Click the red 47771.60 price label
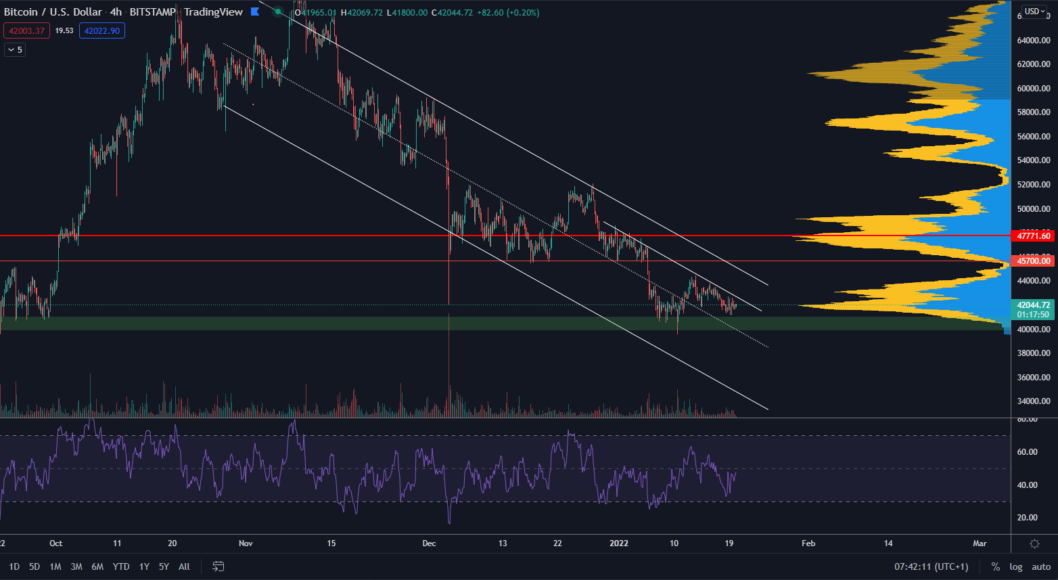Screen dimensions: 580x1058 (x=1034, y=236)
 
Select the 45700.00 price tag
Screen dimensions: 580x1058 (x=1034, y=261)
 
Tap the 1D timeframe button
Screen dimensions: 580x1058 (x=14, y=566)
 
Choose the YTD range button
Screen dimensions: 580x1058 (x=121, y=566)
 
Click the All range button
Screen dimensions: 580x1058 (x=184, y=566)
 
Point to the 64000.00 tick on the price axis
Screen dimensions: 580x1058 (x=1034, y=41)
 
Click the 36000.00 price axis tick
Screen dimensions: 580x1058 (x=1034, y=378)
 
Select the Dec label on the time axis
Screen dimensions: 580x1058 (x=429, y=543)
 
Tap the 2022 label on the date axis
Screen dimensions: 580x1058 (x=619, y=543)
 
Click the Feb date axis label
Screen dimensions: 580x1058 (x=808, y=543)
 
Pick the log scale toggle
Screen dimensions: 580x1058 (x=1016, y=566)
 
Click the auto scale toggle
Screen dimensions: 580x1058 (x=1041, y=566)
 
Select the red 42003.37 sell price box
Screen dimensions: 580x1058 (x=26, y=30)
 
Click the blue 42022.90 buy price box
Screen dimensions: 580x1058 (x=102, y=30)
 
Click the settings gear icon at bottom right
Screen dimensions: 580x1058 (x=1034, y=543)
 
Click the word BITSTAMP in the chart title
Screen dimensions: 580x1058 (x=152, y=12)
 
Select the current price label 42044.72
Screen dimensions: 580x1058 (x=1034, y=305)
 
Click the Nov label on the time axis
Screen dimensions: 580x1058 (x=246, y=543)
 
